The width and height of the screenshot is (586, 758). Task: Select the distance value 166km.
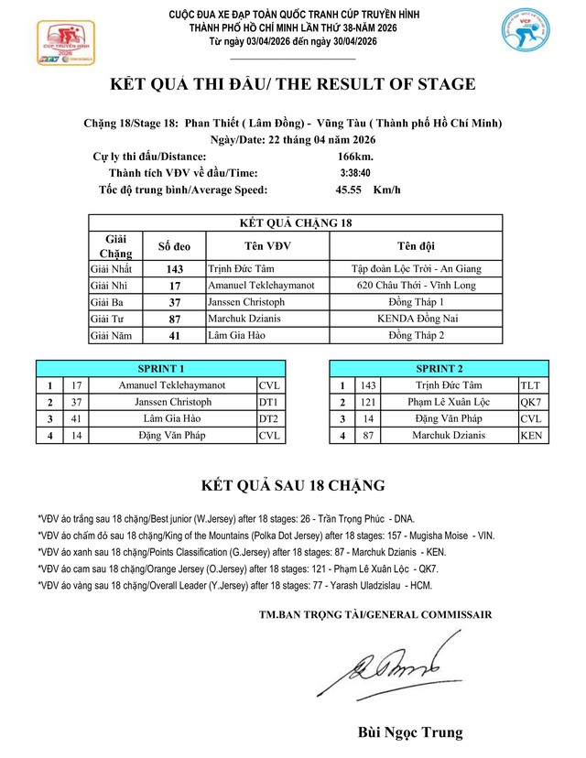point(354,157)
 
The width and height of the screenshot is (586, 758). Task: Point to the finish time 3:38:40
point(354,173)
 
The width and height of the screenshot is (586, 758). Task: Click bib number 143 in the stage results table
point(175,269)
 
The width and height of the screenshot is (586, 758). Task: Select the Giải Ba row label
point(110,302)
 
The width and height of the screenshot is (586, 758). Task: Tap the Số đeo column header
point(175,245)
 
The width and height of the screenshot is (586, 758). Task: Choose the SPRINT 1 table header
point(160,369)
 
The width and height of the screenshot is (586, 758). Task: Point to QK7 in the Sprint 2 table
point(531,402)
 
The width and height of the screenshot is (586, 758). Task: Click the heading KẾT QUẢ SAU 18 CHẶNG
point(293,484)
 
